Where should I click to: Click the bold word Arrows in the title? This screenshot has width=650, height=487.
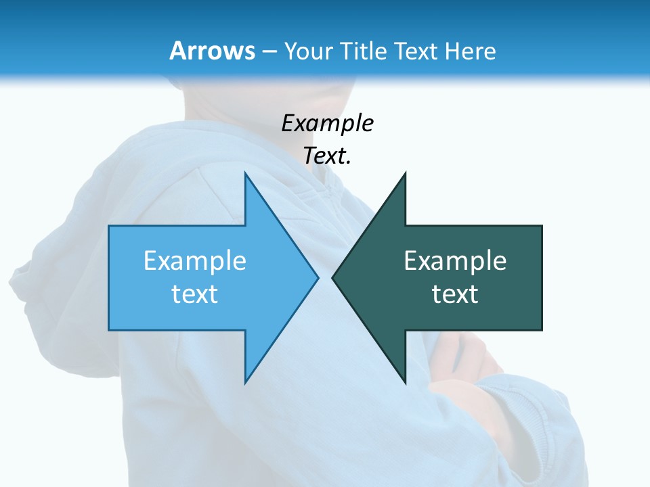coord(212,51)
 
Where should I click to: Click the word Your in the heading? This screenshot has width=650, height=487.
coord(308,51)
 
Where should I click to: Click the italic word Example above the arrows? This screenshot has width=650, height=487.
coord(327,123)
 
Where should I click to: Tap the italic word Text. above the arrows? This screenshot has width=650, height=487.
coord(327,156)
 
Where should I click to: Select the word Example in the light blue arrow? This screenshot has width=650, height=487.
coord(195,261)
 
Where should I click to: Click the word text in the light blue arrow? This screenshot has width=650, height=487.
coord(195,294)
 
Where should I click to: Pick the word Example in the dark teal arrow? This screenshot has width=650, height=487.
coord(455,261)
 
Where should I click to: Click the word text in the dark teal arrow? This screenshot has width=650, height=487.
coord(455,294)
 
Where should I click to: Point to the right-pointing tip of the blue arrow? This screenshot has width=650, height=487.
coord(316,277)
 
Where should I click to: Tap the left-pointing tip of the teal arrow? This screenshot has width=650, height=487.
coord(334,277)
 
